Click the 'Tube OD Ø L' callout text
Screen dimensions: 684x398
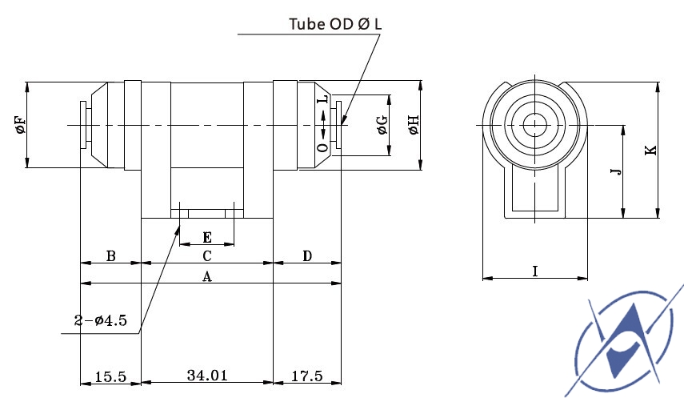coord(335,23)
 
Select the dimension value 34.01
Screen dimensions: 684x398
coord(207,376)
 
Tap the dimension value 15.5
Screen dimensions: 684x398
coord(110,376)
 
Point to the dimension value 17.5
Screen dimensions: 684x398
coord(306,376)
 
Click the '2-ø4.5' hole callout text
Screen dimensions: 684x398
coord(100,320)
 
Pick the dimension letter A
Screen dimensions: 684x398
coord(207,276)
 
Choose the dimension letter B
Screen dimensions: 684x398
coord(111,256)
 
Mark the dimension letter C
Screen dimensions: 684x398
coord(207,256)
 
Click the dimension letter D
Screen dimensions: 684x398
coord(307,256)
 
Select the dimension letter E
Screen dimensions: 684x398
coord(207,238)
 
